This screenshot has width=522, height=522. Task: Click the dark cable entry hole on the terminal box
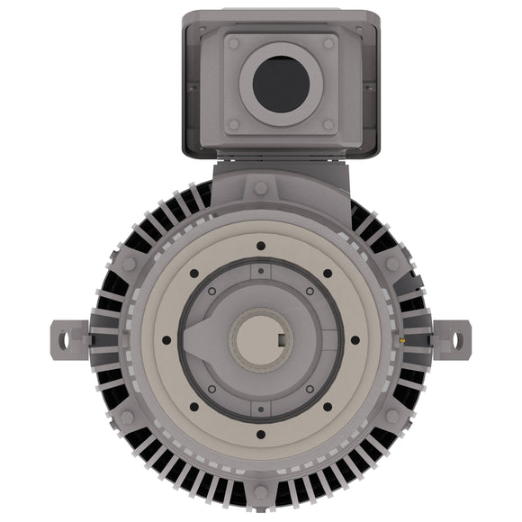tap(281, 84)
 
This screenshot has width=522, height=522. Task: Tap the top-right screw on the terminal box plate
tap(328, 43)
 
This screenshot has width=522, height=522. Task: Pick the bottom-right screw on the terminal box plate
tap(328, 124)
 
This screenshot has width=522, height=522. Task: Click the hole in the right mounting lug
tap(456, 339)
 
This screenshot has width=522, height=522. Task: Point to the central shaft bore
tap(260, 339)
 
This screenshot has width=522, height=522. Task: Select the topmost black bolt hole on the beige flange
tap(260, 245)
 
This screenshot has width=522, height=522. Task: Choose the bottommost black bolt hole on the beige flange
tap(260, 434)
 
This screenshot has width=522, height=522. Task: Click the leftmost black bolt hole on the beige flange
tap(166, 340)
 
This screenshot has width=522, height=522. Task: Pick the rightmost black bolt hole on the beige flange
tap(355, 340)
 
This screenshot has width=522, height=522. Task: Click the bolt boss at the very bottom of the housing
tap(260, 490)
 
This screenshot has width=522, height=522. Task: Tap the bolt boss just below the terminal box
tap(260, 188)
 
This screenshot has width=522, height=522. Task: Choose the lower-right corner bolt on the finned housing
tap(392, 416)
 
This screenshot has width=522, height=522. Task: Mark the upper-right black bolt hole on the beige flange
tap(327, 274)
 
